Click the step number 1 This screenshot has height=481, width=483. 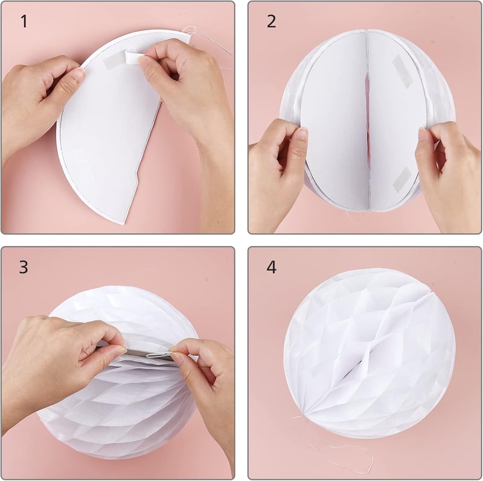[x=24, y=22]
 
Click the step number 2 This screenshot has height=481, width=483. [x=271, y=22]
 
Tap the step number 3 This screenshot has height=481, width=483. [x=24, y=267]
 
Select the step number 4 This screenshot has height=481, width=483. [x=271, y=267]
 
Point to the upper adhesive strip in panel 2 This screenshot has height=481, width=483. [x=401, y=71]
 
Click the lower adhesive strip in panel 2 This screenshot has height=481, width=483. [x=402, y=179]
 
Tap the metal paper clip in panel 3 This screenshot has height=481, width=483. [x=159, y=355]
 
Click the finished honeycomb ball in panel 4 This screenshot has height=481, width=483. [x=369, y=354]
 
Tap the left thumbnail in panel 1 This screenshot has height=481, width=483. [x=78, y=74]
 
